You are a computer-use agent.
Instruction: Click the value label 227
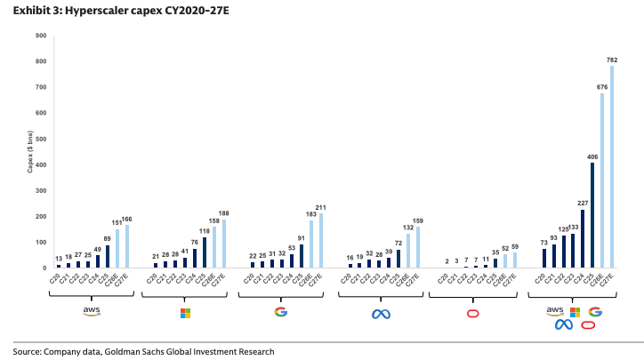[x=582, y=204]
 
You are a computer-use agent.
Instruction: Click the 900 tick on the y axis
[x=41, y=36]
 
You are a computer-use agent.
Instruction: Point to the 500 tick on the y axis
[x=41, y=139]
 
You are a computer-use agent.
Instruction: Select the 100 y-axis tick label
[x=41, y=242]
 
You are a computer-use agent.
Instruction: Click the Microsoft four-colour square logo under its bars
[x=186, y=312]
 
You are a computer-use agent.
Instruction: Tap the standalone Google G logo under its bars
[x=281, y=311]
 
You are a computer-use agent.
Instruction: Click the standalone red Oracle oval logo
[x=473, y=312]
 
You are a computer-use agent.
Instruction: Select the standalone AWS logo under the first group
[x=91, y=312]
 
